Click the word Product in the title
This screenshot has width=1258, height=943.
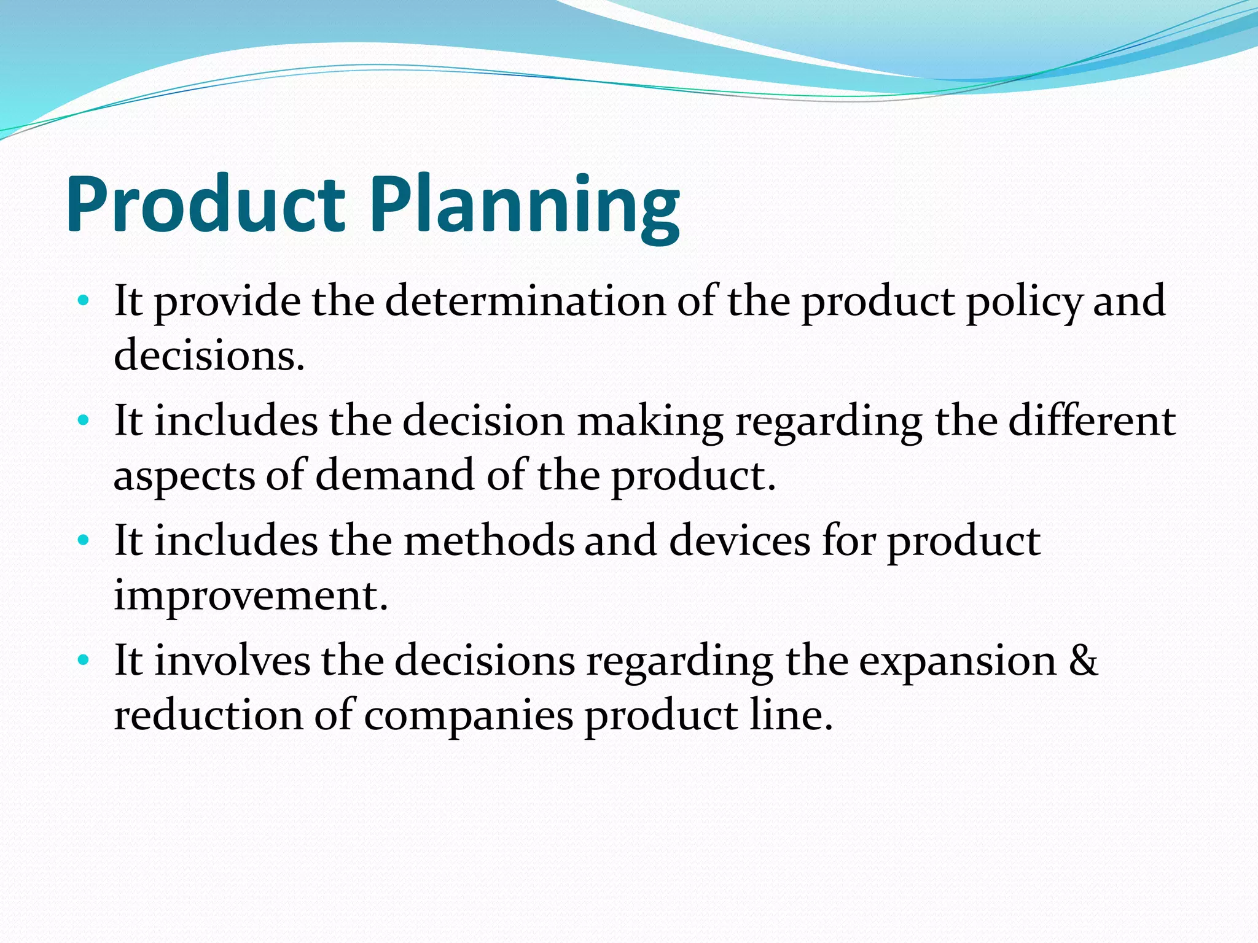(x=206, y=204)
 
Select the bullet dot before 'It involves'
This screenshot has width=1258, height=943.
(x=84, y=661)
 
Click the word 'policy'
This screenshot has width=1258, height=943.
(x=1023, y=302)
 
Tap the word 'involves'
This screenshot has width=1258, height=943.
(x=232, y=661)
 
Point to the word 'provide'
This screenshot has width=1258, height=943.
(x=227, y=302)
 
